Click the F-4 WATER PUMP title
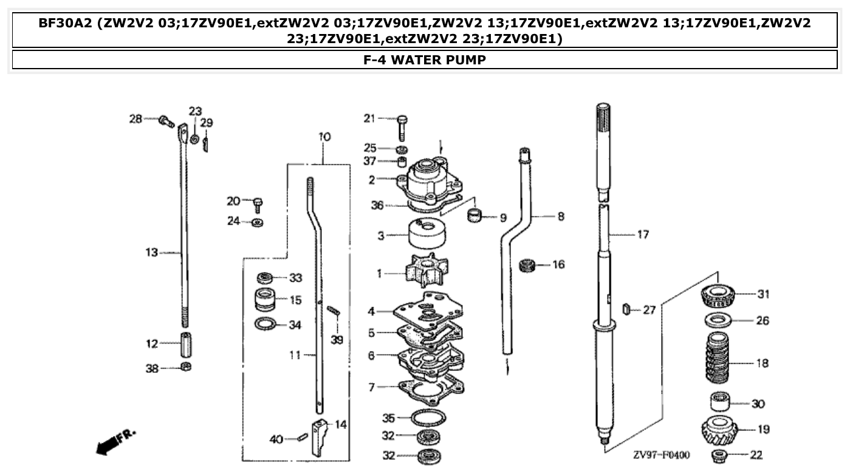(x=425, y=60)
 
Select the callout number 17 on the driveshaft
(x=642, y=234)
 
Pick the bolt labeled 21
(x=402, y=126)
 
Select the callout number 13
(x=151, y=252)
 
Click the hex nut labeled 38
(x=186, y=367)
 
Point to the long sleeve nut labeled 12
(x=186, y=345)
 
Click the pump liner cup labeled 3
(x=425, y=235)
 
